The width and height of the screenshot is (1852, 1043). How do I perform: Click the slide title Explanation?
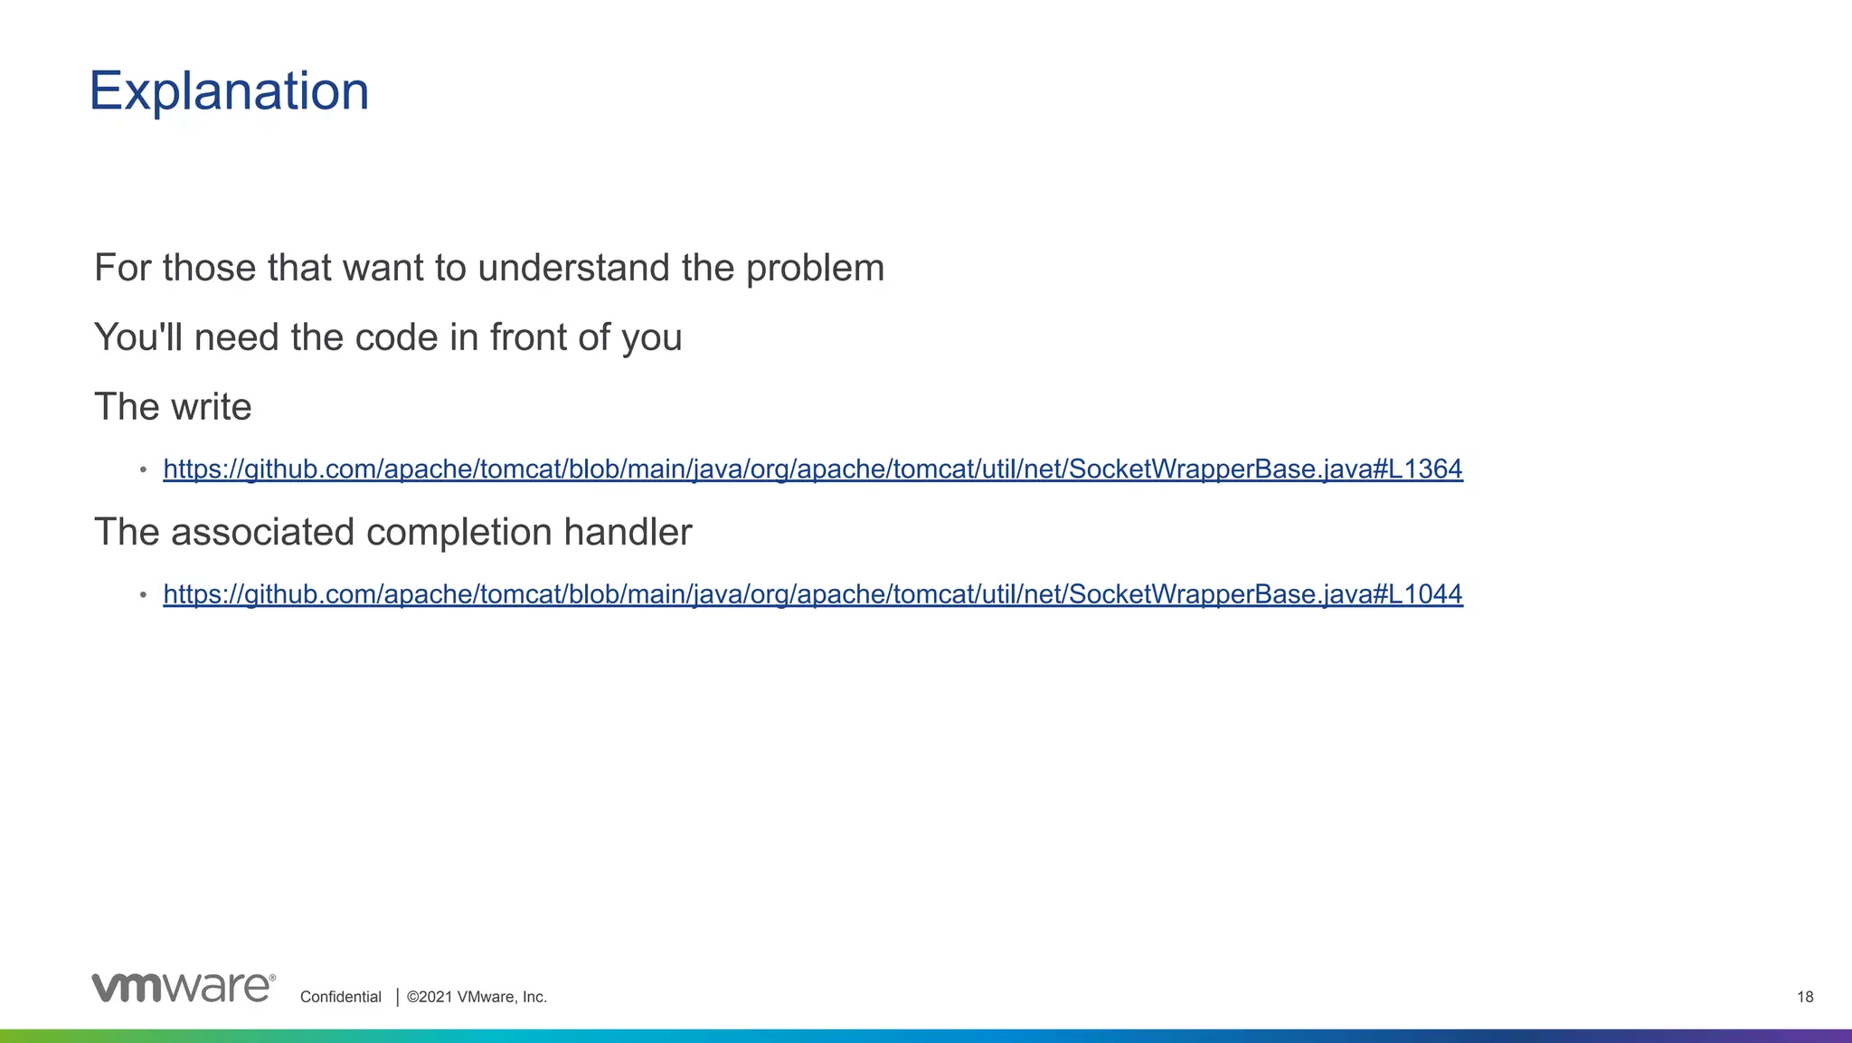click(229, 91)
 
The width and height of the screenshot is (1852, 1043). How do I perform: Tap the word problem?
click(815, 268)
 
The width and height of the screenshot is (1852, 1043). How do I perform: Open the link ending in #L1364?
click(812, 469)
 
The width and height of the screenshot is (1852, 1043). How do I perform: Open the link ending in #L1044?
click(812, 594)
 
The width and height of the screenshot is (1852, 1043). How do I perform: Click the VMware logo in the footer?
click(183, 988)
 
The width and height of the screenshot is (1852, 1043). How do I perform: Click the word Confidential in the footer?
click(341, 997)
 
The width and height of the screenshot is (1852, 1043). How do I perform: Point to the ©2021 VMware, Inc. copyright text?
click(477, 997)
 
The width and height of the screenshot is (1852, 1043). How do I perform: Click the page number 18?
click(1805, 997)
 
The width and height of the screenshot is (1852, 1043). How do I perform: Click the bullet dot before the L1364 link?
click(143, 470)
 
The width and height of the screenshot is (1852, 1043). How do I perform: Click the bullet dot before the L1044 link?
click(143, 595)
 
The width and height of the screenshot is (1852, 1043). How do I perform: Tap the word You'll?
click(138, 337)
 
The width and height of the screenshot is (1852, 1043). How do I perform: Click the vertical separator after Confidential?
click(398, 997)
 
